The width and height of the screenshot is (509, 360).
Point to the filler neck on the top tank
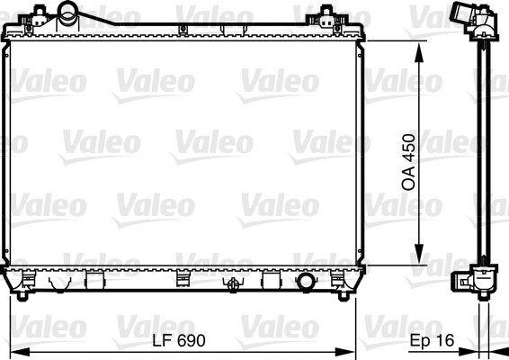pos(68,13)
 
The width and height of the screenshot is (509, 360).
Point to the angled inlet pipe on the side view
pos(465,17)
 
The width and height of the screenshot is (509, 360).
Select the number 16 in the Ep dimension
pos(444,341)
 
